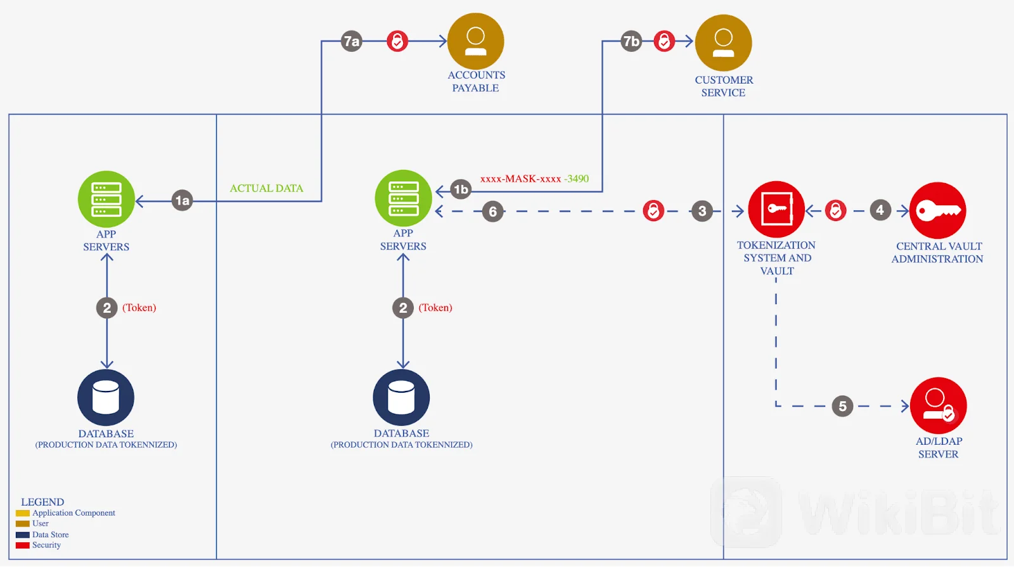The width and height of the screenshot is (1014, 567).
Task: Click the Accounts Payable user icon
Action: (475, 41)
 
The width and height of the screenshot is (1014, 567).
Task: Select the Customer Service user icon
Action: (723, 42)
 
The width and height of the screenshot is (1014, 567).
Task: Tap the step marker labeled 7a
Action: (351, 41)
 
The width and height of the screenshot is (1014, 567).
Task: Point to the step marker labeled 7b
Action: (631, 41)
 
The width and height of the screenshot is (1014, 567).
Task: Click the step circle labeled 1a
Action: (182, 201)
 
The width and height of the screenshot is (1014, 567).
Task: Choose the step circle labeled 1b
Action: (461, 189)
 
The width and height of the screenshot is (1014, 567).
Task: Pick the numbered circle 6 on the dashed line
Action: (493, 212)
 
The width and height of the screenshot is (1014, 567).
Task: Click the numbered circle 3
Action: (702, 211)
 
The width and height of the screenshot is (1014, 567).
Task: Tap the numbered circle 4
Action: (880, 210)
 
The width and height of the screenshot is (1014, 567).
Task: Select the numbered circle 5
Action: (842, 406)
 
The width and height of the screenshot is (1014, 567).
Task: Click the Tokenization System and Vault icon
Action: (776, 209)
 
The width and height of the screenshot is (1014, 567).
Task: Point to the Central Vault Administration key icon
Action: (938, 210)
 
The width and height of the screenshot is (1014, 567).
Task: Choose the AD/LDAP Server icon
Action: (938, 405)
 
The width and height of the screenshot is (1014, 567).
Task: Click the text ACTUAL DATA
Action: (266, 188)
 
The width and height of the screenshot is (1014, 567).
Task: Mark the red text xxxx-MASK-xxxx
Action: (520, 179)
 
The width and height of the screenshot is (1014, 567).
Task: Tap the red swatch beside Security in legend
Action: (23, 545)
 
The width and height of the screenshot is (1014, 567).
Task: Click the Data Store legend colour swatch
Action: (23, 535)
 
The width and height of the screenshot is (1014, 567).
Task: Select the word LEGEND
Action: (42, 502)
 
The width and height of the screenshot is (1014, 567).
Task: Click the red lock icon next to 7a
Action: (397, 41)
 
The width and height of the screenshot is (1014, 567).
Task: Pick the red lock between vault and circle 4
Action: (835, 210)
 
